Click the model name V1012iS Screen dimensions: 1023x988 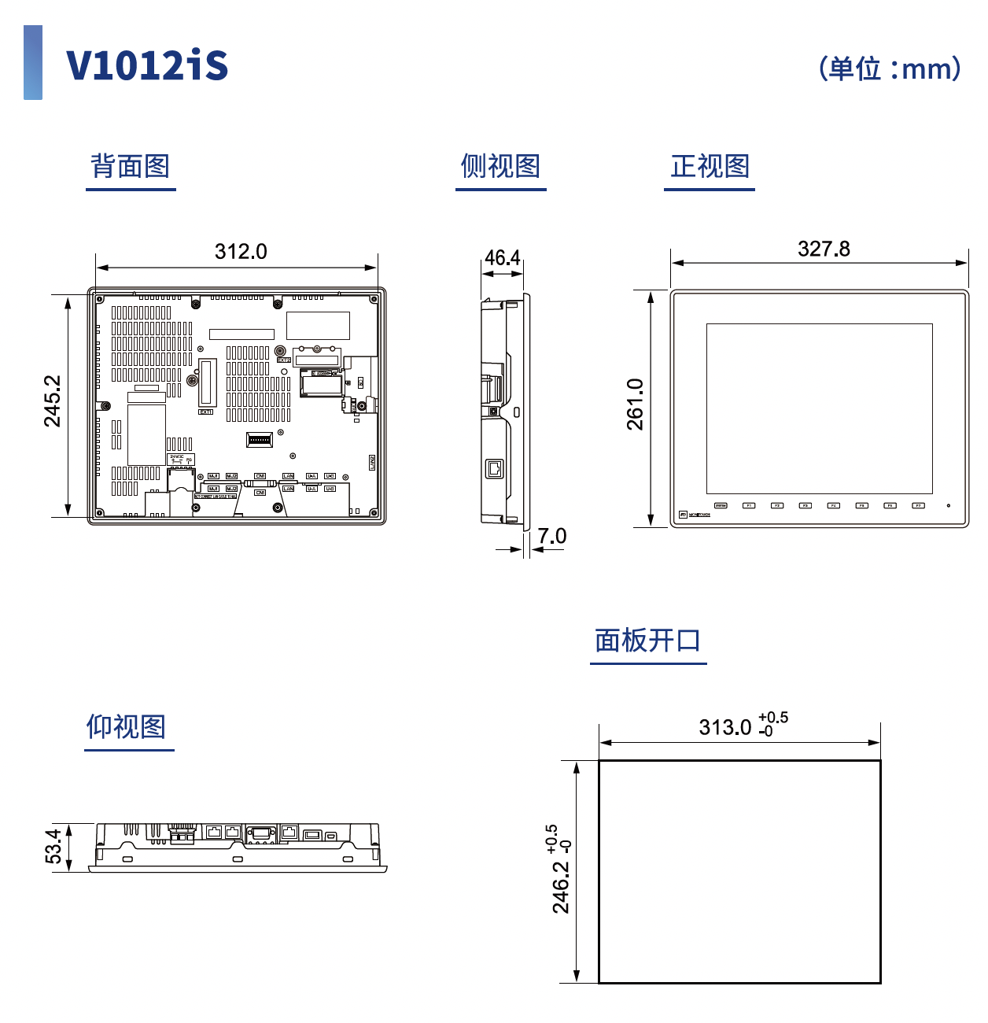pos(147,65)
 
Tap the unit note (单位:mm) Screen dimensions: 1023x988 pos(890,68)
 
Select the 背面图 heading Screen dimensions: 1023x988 pos(131,166)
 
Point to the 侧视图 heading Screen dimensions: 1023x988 pos(500,166)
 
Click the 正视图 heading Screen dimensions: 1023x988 pos(710,166)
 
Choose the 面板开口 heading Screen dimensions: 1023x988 pos(647,641)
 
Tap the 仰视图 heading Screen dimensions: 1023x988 pos(127,726)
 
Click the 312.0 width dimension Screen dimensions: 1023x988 pos(241,252)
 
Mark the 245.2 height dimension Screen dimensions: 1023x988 pos(53,401)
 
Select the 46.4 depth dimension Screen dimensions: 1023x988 pos(502,258)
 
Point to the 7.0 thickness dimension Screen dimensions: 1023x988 pos(552,537)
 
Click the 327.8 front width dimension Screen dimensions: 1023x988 pos(824,249)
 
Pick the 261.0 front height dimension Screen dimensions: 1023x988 pos(636,404)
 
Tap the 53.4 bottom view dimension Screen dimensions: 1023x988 pos(53,846)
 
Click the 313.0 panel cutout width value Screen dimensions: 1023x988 pos(725,727)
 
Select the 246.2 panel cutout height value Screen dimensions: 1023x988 pos(561,887)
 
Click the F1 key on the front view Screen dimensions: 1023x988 pos(749,506)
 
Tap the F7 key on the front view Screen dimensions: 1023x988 pos(918,506)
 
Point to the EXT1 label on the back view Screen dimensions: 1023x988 pos(205,412)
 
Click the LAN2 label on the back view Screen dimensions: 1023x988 pos(372,463)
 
